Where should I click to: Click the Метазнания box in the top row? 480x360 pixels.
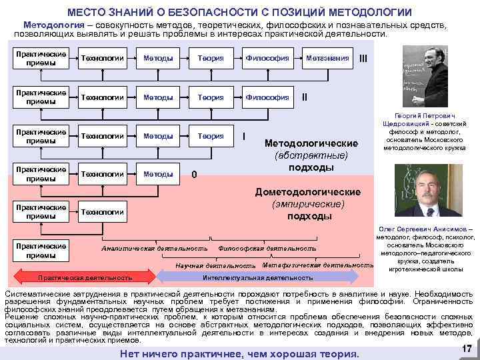point(327,58)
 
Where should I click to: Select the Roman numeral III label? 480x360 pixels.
point(363,58)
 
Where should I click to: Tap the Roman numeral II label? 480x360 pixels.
point(305,97)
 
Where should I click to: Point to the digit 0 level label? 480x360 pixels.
point(194,175)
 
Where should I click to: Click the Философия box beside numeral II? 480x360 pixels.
point(267,97)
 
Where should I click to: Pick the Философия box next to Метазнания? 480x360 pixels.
point(267,58)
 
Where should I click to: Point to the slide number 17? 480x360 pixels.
point(466,349)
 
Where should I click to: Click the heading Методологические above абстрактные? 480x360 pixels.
point(311,143)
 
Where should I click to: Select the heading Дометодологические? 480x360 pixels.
point(309,192)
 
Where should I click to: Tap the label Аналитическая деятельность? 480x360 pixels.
point(154,249)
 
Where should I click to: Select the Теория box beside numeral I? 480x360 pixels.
point(210,136)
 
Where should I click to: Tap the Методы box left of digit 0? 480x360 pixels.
point(158,175)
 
